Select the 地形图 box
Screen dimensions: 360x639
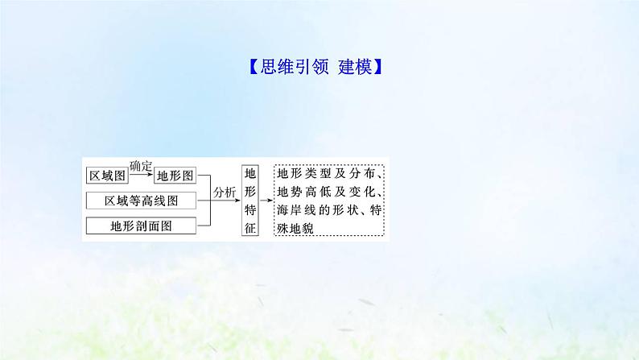coord(175,176)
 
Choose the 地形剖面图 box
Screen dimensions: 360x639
coord(140,226)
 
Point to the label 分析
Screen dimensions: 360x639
coord(225,192)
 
